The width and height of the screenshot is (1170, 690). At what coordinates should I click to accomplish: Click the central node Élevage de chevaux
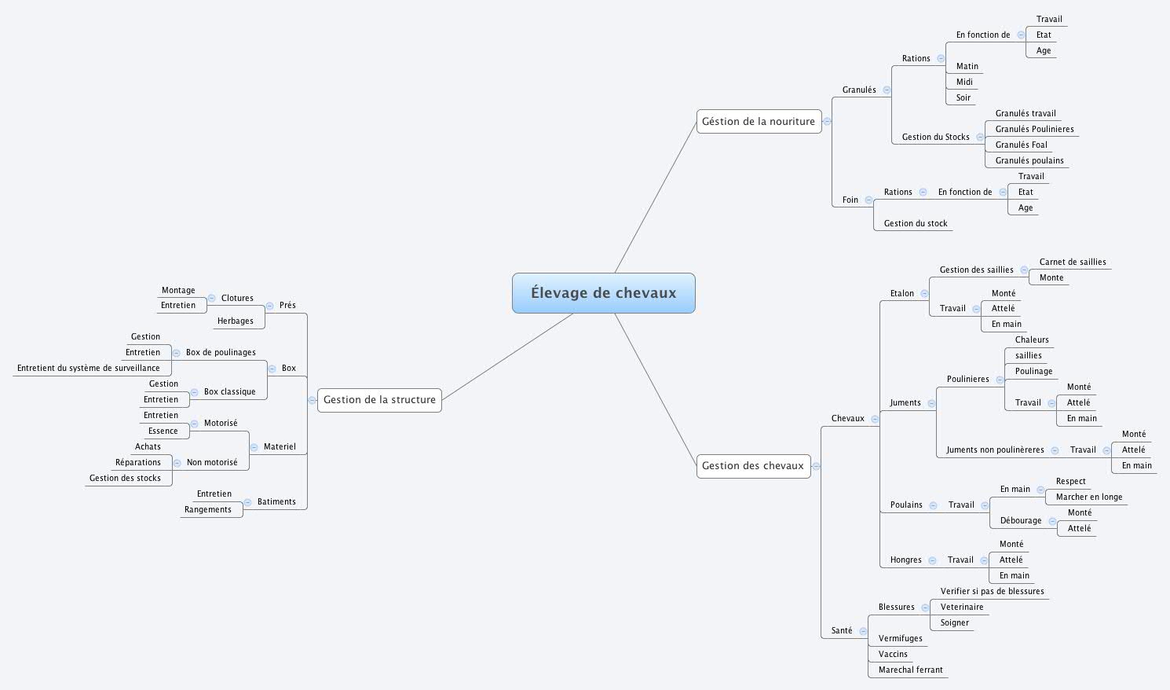coord(603,293)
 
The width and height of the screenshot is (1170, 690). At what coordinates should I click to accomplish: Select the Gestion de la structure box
coord(379,399)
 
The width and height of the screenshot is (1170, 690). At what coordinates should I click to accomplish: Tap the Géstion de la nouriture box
coord(759,121)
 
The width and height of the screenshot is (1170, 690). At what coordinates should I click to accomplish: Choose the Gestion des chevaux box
coord(753,465)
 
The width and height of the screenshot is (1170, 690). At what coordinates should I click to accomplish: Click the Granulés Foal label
coord(1021,145)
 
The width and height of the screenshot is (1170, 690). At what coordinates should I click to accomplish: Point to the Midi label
coord(964,82)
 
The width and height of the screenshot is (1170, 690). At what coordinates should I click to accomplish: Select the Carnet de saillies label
coord(1072,262)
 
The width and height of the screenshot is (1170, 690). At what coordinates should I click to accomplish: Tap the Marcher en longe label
coord(1088,497)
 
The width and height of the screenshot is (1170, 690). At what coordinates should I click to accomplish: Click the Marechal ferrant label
coord(910,670)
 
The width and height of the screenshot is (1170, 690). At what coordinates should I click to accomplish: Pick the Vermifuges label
coord(900,638)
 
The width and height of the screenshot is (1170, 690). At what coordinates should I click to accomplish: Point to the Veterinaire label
coord(961,607)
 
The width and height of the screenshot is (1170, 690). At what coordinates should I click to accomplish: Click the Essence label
coord(163,431)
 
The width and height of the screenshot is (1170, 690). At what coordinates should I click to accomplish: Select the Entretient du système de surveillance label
coord(88,368)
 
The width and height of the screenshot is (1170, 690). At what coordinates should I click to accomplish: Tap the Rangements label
coord(207,509)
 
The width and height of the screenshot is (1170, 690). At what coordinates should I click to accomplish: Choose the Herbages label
coord(235,321)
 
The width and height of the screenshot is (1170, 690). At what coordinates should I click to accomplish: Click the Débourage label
coord(1020,520)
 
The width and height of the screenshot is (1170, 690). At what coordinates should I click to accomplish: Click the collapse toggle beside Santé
coord(863,631)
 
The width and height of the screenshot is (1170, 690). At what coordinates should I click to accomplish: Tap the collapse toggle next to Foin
coord(868,200)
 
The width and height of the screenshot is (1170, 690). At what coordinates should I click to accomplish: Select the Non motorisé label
coord(211,462)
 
